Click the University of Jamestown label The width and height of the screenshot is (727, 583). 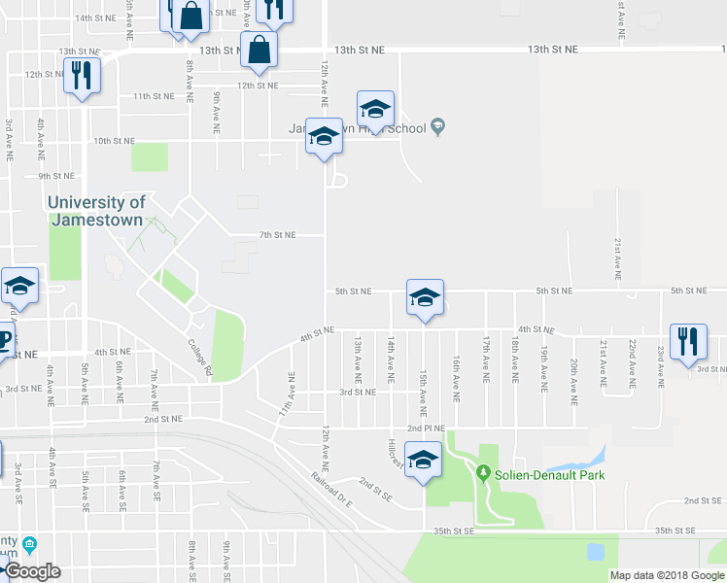(97, 211)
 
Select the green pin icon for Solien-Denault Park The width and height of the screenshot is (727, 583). (483, 473)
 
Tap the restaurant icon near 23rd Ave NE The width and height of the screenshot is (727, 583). (688, 343)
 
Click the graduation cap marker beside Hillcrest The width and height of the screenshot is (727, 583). (423, 461)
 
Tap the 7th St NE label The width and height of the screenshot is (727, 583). (277, 235)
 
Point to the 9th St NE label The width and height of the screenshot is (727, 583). (57, 176)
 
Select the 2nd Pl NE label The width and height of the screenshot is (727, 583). (426, 428)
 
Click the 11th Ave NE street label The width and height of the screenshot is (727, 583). (288, 393)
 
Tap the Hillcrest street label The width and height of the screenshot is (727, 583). (395, 452)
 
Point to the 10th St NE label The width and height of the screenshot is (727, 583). (114, 141)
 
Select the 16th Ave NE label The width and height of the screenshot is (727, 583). (455, 378)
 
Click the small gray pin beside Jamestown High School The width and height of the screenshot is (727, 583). (438, 125)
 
